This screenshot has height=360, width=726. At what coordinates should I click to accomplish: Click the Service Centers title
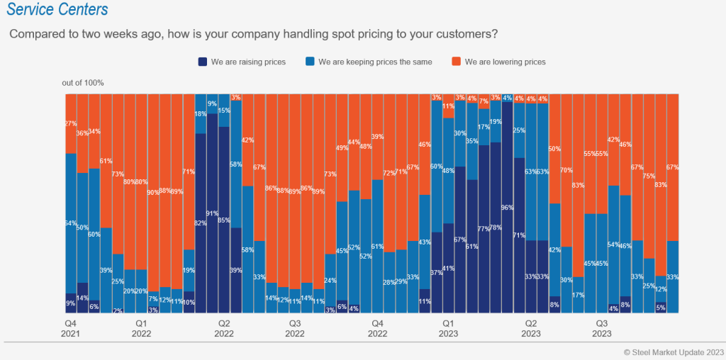click(57, 10)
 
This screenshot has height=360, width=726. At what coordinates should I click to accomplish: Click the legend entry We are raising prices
click(242, 62)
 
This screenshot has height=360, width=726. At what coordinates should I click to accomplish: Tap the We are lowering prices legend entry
click(499, 62)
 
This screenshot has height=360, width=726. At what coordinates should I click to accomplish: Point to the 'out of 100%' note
click(83, 83)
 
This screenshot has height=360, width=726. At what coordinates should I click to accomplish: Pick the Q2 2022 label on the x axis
click(224, 328)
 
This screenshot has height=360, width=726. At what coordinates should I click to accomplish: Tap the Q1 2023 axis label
click(448, 328)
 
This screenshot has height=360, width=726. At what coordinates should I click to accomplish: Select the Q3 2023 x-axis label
click(602, 328)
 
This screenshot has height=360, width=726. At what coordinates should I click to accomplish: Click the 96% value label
click(507, 208)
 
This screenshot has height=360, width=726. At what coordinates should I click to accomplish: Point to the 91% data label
click(212, 213)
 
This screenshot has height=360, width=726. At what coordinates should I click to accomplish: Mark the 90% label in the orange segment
click(153, 193)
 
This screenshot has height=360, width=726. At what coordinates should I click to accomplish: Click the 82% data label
click(201, 223)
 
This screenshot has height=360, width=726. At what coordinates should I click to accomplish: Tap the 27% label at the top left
click(71, 124)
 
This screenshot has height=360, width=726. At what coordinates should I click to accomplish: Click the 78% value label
click(496, 227)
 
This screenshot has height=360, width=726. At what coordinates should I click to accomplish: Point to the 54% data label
click(613, 244)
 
